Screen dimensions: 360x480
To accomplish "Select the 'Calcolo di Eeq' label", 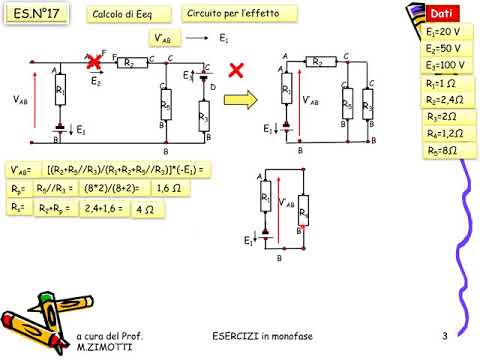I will pyautogui.click(x=120, y=16).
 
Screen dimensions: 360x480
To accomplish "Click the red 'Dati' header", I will pyautogui.click(x=443, y=14).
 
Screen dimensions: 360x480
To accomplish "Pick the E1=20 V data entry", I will pyautogui.click(x=443, y=32).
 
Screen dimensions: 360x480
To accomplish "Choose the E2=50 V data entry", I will pyautogui.click(x=443, y=48).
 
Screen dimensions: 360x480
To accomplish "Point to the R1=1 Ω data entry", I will pyautogui.click(x=441, y=84).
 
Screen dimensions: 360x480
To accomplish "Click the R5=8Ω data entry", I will pyautogui.click(x=441, y=151).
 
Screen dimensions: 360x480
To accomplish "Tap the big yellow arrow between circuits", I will pyautogui.click(x=240, y=101).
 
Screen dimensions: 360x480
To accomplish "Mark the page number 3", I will pyautogui.click(x=443, y=335).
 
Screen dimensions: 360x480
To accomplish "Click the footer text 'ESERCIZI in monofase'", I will pyautogui.click(x=262, y=335).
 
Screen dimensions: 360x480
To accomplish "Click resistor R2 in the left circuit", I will pyautogui.click(x=127, y=62).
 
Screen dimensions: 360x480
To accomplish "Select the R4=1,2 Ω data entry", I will pyautogui.click(x=442, y=134).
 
